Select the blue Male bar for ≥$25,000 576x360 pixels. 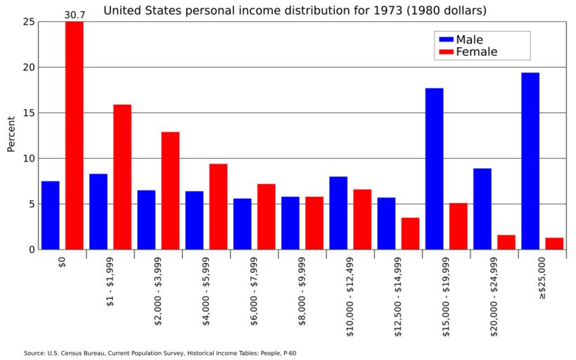530,161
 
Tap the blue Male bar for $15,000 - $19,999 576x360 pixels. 434,169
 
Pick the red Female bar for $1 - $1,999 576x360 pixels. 122,177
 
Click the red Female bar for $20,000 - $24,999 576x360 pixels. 506,242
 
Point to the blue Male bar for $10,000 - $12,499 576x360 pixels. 338,213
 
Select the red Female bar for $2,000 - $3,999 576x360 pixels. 170,191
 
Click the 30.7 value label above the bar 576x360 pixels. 74,15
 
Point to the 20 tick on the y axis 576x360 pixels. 28,67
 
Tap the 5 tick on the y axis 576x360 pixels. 31,204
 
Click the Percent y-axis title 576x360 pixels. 11,134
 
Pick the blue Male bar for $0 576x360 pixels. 50,215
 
